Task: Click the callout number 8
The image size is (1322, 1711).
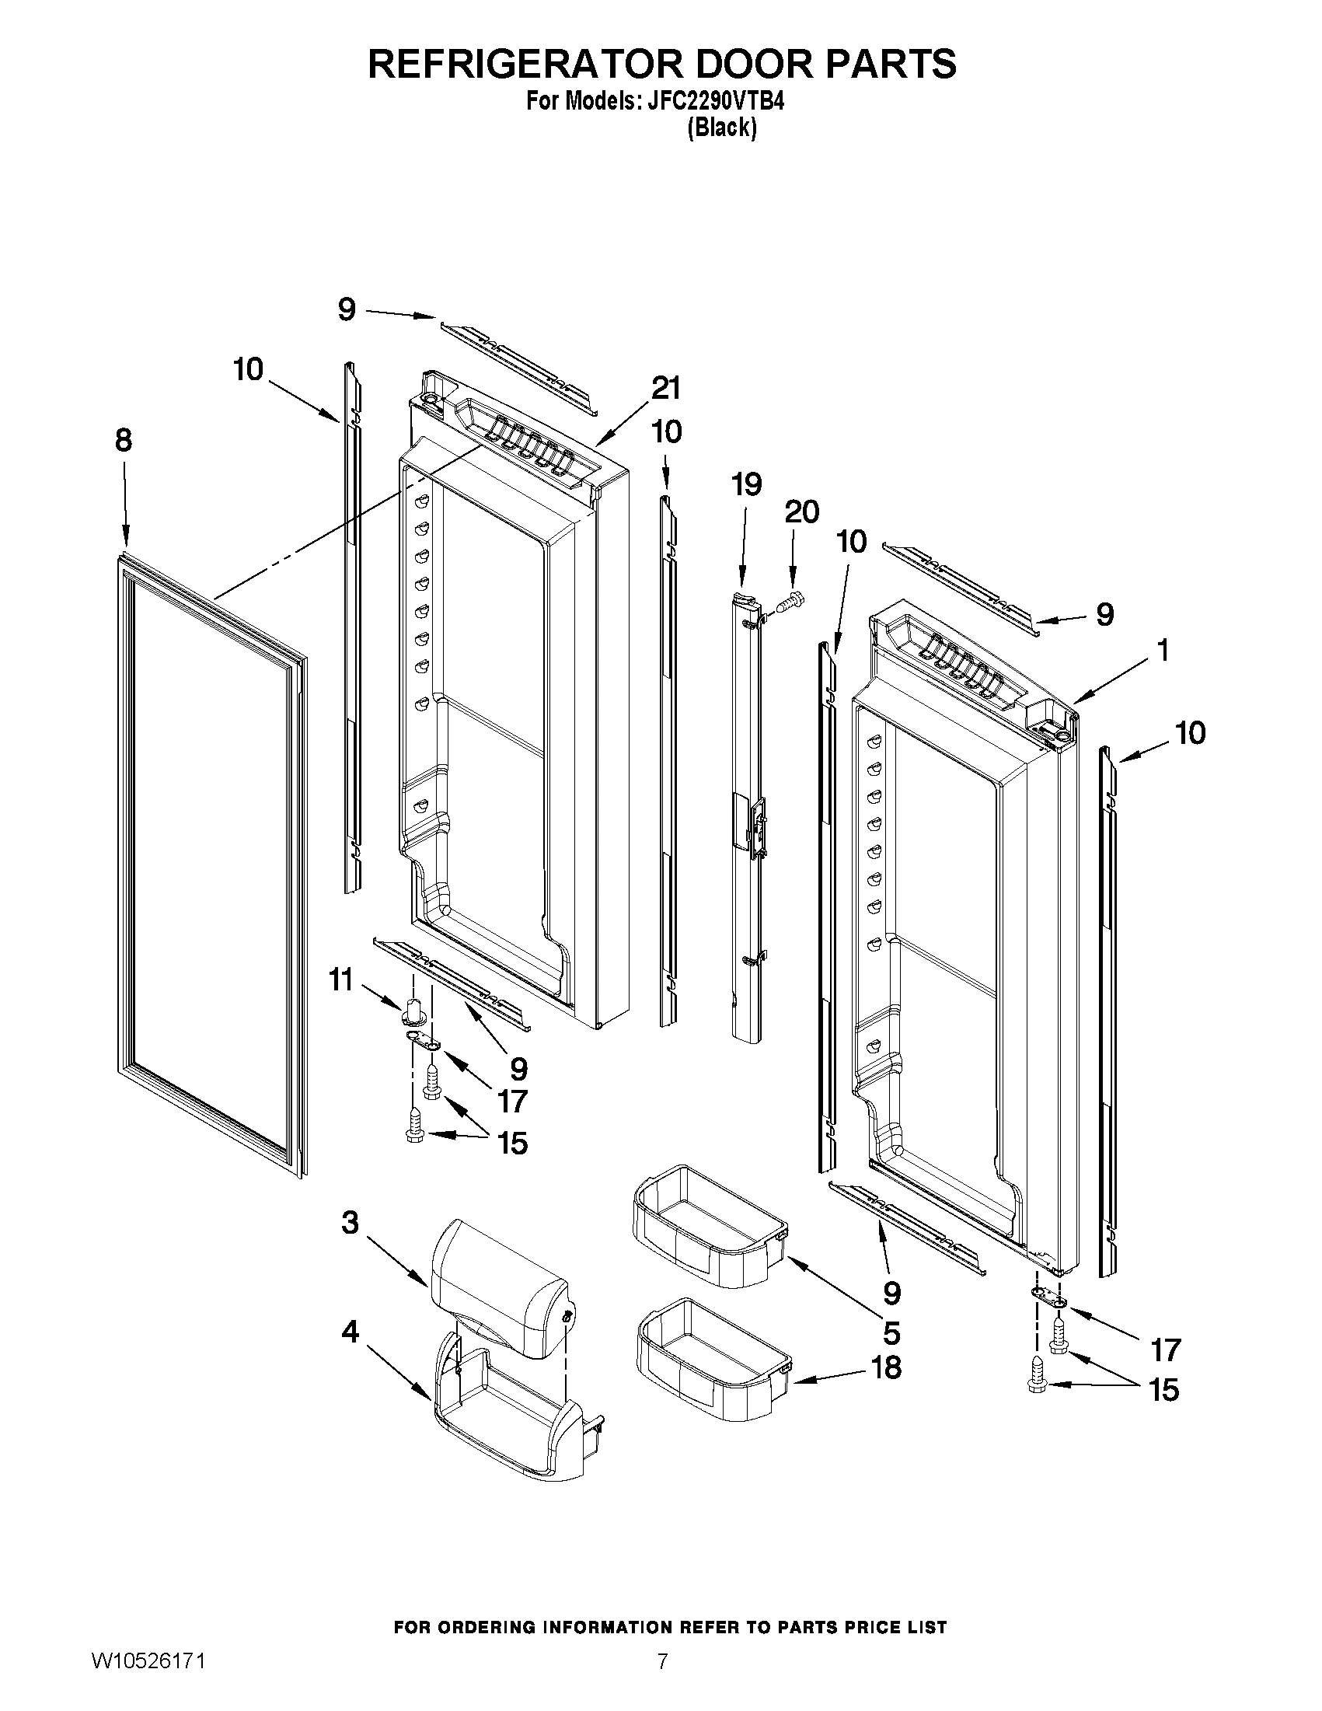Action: pos(124,441)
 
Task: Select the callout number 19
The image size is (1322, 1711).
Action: pos(746,485)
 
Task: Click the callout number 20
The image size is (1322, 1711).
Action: pos(801,512)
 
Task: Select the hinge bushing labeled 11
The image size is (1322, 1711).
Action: pos(415,1010)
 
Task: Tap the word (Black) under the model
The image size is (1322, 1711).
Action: pos(721,127)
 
